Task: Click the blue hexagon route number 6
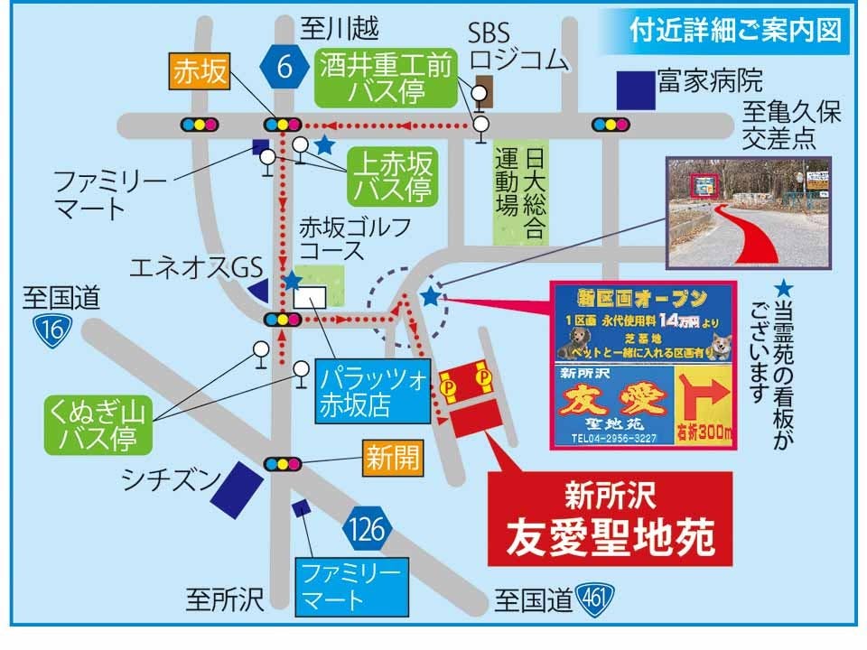point(284,70)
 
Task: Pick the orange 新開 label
point(393,459)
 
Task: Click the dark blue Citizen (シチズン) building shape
point(238,486)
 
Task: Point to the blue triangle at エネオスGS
point(258,291)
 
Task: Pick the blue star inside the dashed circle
point(431,297)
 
